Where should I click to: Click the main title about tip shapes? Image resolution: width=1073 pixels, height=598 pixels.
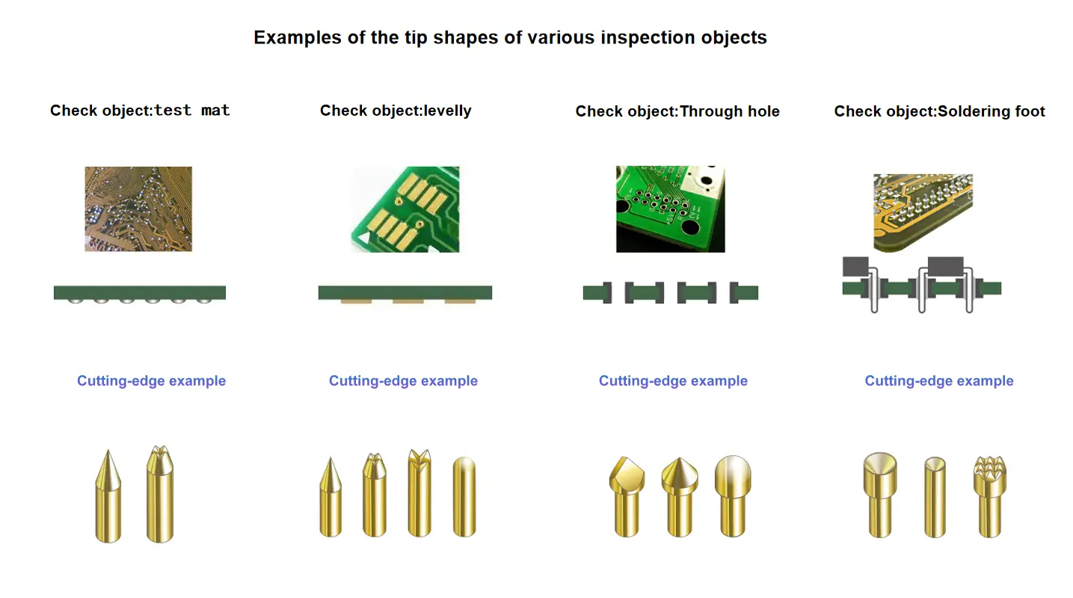(x=510, y=37)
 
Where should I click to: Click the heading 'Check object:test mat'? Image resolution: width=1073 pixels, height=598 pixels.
(x=140, y=111)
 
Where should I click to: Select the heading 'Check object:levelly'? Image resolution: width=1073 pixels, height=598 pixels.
(x=396, y=111)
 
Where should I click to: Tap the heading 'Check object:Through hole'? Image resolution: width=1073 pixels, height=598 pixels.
(x=677, y=111)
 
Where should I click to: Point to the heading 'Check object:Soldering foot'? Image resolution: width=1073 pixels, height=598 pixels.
(x=939, y=111)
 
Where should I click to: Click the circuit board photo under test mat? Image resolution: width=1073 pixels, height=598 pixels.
(x=138, y=209)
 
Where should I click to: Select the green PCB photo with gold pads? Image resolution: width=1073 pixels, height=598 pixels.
(x=405, y=209)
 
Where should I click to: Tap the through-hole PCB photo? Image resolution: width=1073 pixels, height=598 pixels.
(x=670, y=209)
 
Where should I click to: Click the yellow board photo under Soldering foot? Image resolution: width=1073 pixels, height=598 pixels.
(x=923, y=212)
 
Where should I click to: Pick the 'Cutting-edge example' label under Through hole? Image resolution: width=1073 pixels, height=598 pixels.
(x=673, y=381)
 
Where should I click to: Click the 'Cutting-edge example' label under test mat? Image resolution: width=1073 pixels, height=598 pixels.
(x=151, y=381)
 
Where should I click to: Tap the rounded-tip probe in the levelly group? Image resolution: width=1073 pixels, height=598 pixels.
(x=464, y=496)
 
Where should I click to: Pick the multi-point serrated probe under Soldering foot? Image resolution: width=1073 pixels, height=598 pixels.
(x=989, y=496)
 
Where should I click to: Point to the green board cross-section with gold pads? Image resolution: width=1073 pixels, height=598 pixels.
(x=405, y=293)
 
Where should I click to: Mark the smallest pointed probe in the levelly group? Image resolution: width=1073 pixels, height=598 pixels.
(x=330, y=497)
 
